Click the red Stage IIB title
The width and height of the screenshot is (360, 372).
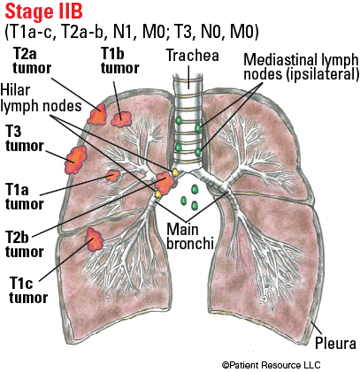click(x=43, y=11)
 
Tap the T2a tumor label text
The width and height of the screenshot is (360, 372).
click(x=32, y=62)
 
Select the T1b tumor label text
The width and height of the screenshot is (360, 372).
click(x=119, y=61)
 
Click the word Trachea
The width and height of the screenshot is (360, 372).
click(x=192, y=56)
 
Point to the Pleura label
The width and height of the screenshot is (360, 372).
click(x=335, y=343)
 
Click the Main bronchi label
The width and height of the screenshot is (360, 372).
click(x=190, y=237)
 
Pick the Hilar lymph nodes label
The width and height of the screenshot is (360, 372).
click(x=41, y=98)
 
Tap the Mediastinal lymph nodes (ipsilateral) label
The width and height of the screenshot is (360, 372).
click(x=301, y=67)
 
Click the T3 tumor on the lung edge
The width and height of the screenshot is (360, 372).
click(x=76, y=159)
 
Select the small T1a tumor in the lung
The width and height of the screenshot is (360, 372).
click(x=112, y=176)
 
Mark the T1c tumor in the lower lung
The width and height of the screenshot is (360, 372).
click(x=94, y=239)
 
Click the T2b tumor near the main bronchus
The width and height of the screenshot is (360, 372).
click(x=165, y=183)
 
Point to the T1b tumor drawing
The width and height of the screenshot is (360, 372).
click(x=121, y=118)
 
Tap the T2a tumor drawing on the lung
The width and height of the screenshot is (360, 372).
click(x=97, y=114)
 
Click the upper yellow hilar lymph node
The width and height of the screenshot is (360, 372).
click(x=174, y=172)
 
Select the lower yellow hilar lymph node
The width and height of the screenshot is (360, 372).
click(x=157, y=194)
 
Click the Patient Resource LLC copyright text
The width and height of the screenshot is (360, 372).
click(x=272, y=365)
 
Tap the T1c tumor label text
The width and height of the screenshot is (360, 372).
click(x=28, y=291)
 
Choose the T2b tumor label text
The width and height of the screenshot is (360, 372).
click(x=24, y=245)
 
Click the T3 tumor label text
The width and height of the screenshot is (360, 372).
click(x=24, y=139)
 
